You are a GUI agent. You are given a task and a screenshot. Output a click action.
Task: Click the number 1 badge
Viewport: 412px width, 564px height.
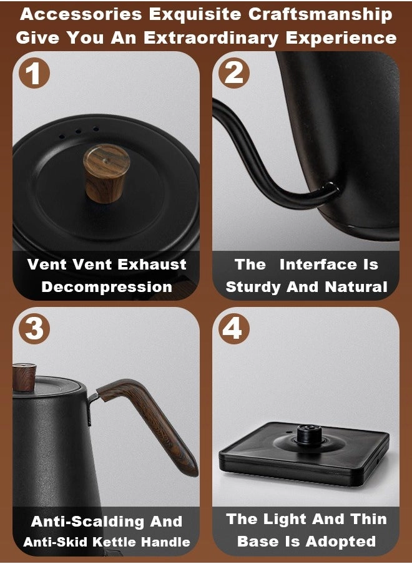pos(34,74)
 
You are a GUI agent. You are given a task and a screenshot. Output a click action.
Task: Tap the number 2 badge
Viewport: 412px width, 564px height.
pos(234,73)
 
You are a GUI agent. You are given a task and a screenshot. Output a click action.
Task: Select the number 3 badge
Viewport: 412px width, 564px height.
pos(34,329)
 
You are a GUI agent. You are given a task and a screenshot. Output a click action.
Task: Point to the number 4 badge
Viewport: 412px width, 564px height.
pos(234,328)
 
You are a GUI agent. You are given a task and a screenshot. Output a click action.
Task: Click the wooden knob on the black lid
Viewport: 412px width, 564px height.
pos(106,173)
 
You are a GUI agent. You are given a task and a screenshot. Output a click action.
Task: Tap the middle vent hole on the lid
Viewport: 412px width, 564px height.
pos(79,132)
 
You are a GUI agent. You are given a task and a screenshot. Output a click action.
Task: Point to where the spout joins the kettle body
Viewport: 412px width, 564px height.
pos(329,189)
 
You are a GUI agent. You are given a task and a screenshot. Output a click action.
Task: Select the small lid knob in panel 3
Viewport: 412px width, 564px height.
pos(24,377)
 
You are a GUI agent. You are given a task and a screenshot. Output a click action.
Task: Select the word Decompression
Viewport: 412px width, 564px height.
pos(107,287)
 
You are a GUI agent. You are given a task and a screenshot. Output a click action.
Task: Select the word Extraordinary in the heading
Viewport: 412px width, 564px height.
pos(211,38)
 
